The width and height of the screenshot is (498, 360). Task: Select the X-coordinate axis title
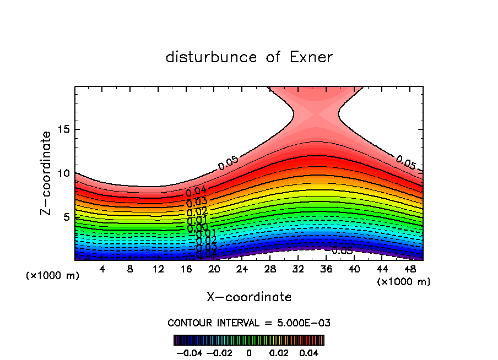[249, 297]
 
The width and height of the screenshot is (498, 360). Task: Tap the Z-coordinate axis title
[46, 173]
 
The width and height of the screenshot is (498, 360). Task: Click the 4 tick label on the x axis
[102, 269]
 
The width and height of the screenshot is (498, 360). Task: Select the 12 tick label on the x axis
[158, 269]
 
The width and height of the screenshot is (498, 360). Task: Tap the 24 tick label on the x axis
[242, 269]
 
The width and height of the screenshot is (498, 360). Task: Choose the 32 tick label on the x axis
[297, 269]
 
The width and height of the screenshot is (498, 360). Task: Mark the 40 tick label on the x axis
[353, 269]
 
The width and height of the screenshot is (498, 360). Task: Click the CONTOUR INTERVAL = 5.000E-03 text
[249, 323]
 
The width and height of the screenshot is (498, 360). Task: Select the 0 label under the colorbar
[249, 352]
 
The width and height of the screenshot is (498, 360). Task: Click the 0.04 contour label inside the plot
[196, 192]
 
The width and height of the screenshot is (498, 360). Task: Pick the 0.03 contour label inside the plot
[197, 202]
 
